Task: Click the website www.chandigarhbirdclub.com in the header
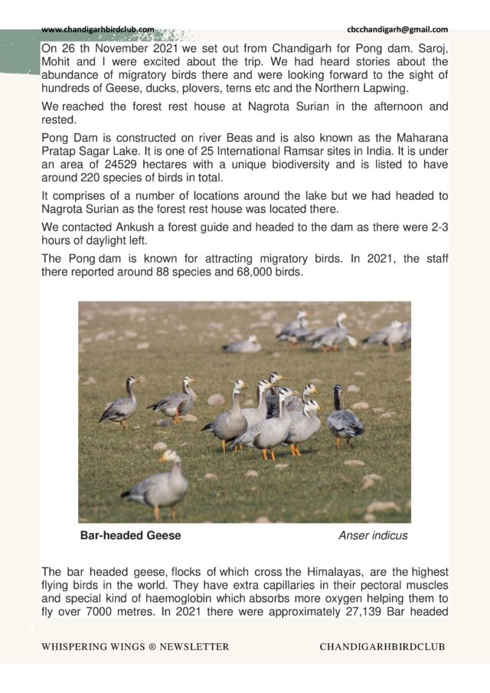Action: [x=97, y=29]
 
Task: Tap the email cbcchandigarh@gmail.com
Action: [x=397, y=29]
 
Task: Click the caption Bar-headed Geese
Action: [x=130, y=536]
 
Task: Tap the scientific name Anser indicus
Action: [x=373, y=536]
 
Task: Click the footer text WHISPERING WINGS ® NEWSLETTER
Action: [x=136, y=647]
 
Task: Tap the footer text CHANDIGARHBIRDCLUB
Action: [x=382, y=647]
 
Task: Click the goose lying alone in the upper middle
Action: [x=243, y=345]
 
